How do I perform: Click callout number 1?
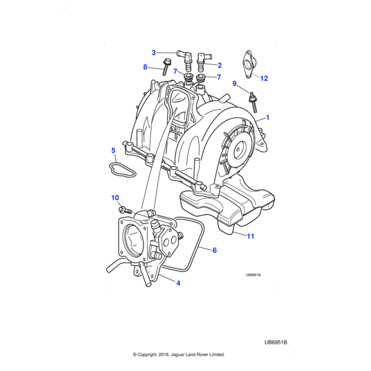click(268, 117)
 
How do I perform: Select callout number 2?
click(219, 65)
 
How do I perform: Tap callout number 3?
click(154, 53)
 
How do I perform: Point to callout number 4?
click(178, 283)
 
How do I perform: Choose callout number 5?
click(113, 150)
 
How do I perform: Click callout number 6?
click(214, 250)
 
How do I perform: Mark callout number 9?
click(234, 83)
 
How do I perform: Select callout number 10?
click(114, 198)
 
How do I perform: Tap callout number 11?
click(250, 236)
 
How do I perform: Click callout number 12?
click(264, 79)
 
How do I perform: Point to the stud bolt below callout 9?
click(253, 101)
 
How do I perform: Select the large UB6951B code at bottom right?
click(276, 342)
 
